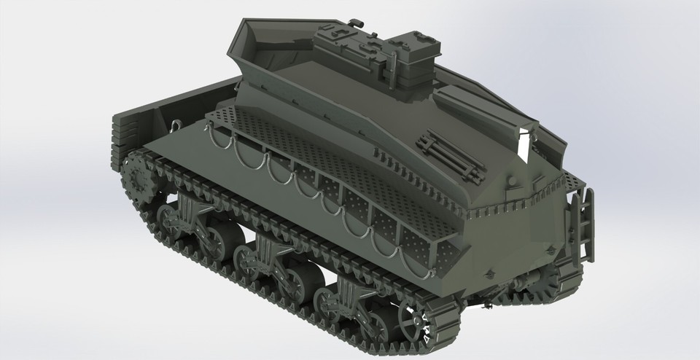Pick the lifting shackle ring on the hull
click(x=176, y=125)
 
